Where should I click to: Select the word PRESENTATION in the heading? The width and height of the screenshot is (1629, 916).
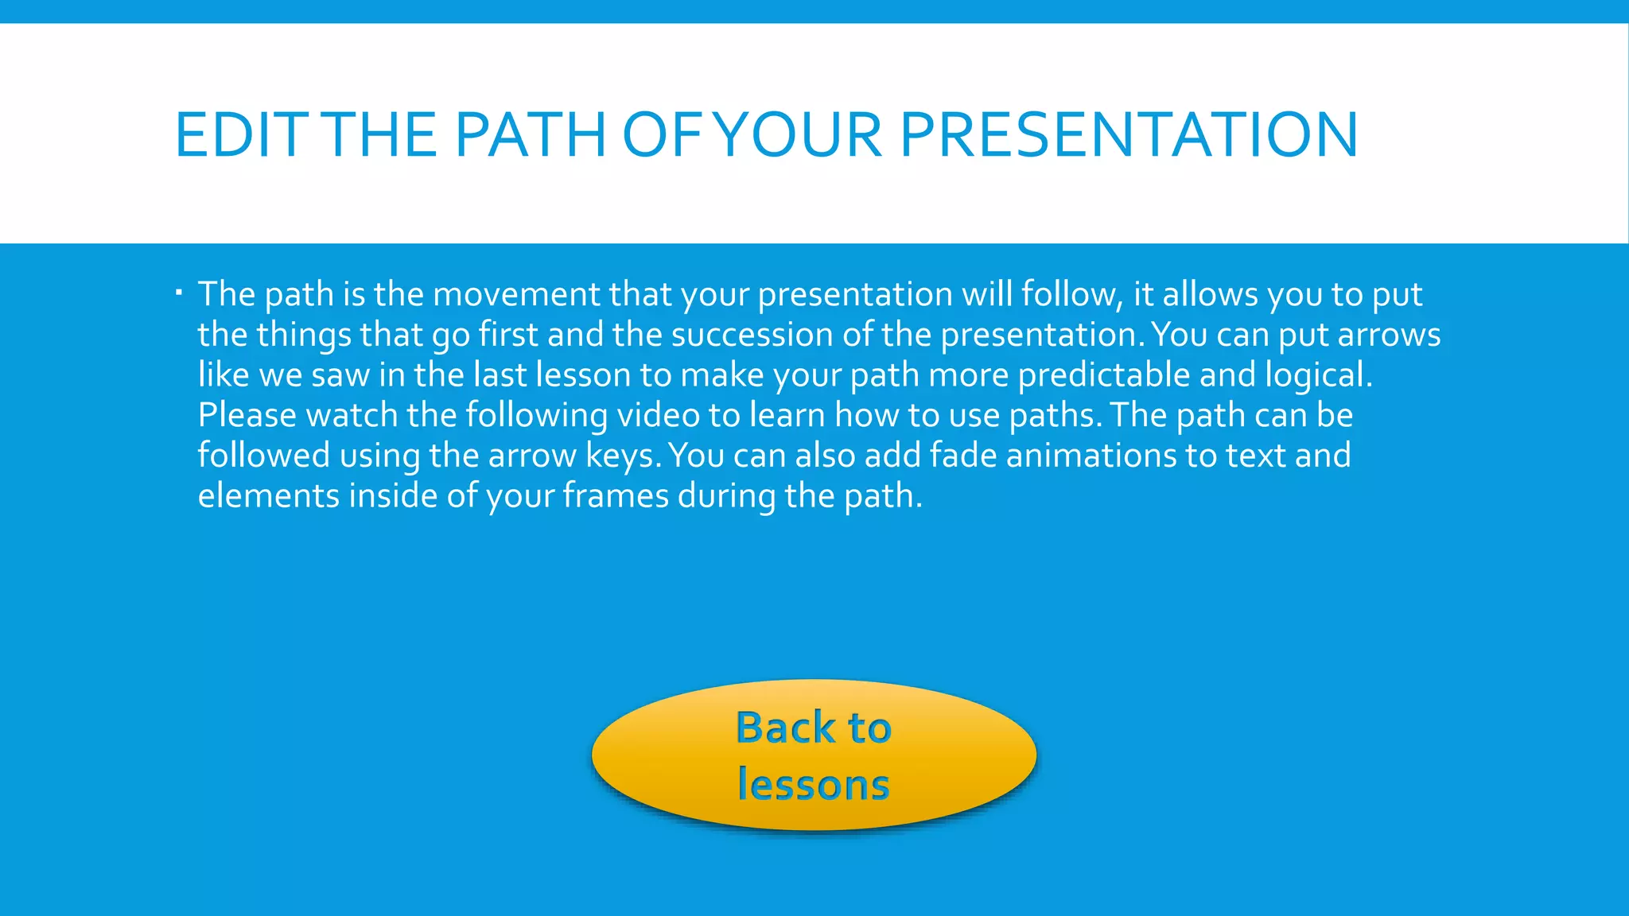[x=1128, y=134]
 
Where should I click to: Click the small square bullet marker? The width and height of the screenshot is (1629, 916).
[x=179, y=293]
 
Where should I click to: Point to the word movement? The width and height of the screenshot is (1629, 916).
[x=516, y=294]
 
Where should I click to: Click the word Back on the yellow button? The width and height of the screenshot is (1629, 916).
[x=786, y=728]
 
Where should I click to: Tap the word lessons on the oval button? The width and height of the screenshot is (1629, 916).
[x=813, y=784]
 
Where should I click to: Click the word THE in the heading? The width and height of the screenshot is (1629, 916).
[x=383, y=134]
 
